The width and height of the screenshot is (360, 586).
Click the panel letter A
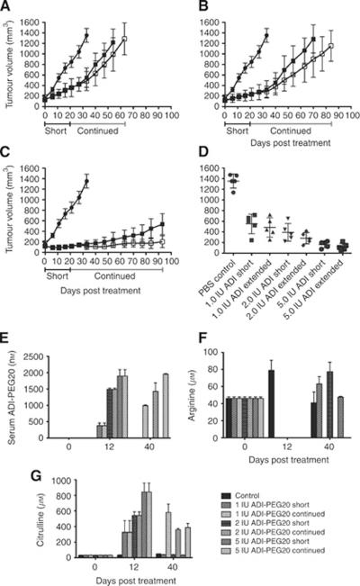(x=7, y=6)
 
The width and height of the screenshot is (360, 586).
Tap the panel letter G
(x=7, y=468)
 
